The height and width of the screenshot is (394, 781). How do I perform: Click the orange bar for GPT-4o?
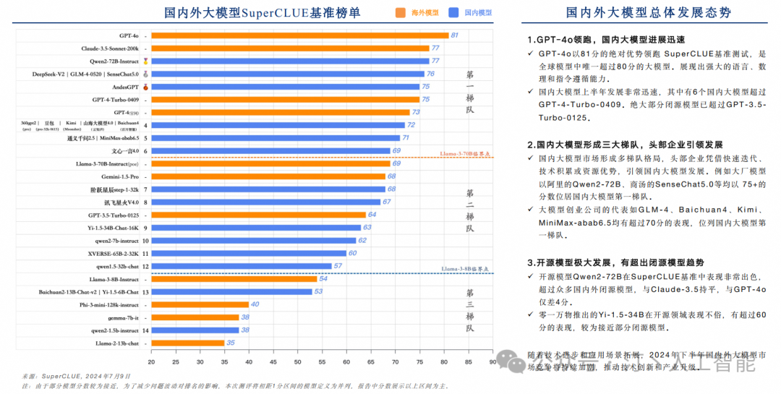pos(299,35)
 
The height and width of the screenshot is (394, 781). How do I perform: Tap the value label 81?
pos(455,35)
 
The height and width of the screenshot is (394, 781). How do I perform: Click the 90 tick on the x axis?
pos(492,361)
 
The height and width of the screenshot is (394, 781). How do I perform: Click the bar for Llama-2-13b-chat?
pos(187,343)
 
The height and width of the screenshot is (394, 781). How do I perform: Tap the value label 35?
pos(231,343)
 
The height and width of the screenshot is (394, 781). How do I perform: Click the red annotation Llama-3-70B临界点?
pos(466,154)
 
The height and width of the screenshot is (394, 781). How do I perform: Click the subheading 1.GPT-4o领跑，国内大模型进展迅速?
pos(605,40)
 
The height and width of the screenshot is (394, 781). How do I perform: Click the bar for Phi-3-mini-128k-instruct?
pos(200,304)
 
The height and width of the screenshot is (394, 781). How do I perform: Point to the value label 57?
pos(338,266)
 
